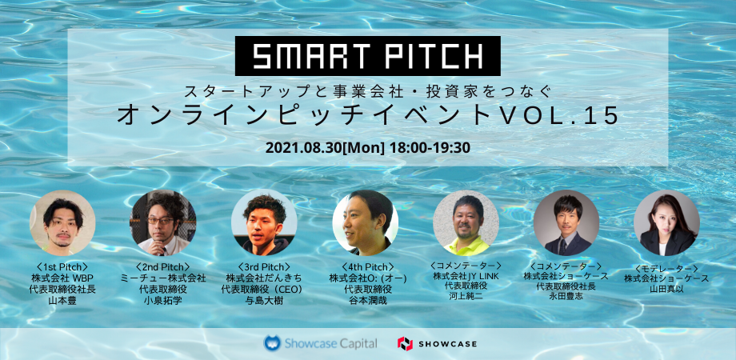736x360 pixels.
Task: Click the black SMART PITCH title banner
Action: tap(367, 56)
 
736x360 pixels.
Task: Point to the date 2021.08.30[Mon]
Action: tap(326, 148)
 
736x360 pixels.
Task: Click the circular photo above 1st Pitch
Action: tap(62, 222)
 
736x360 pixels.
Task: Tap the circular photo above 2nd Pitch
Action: tap(163, 222)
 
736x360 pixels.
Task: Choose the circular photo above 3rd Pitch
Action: tap(264, 222)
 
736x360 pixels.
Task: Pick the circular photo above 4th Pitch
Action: tap(365, 222)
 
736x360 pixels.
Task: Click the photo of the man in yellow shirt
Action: tap(466, 222)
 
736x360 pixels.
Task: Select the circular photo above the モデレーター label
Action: tap(666, 222)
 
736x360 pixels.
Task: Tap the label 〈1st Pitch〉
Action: tap(62, 267)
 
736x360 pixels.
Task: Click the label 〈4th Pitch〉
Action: tap(365, 267)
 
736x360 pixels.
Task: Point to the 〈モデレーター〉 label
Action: tap(666, 269)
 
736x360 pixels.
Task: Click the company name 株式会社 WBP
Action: tap(62, 278)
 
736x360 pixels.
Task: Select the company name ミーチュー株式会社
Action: tap(163, 278)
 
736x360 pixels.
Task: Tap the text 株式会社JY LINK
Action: tap(466, 275)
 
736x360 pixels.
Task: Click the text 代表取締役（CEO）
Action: tap(264, 289)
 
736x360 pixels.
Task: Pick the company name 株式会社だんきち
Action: tap(264, 278)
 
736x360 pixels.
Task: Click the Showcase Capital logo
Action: tap(320, 343)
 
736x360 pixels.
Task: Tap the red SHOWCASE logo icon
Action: tap(405, 343)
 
